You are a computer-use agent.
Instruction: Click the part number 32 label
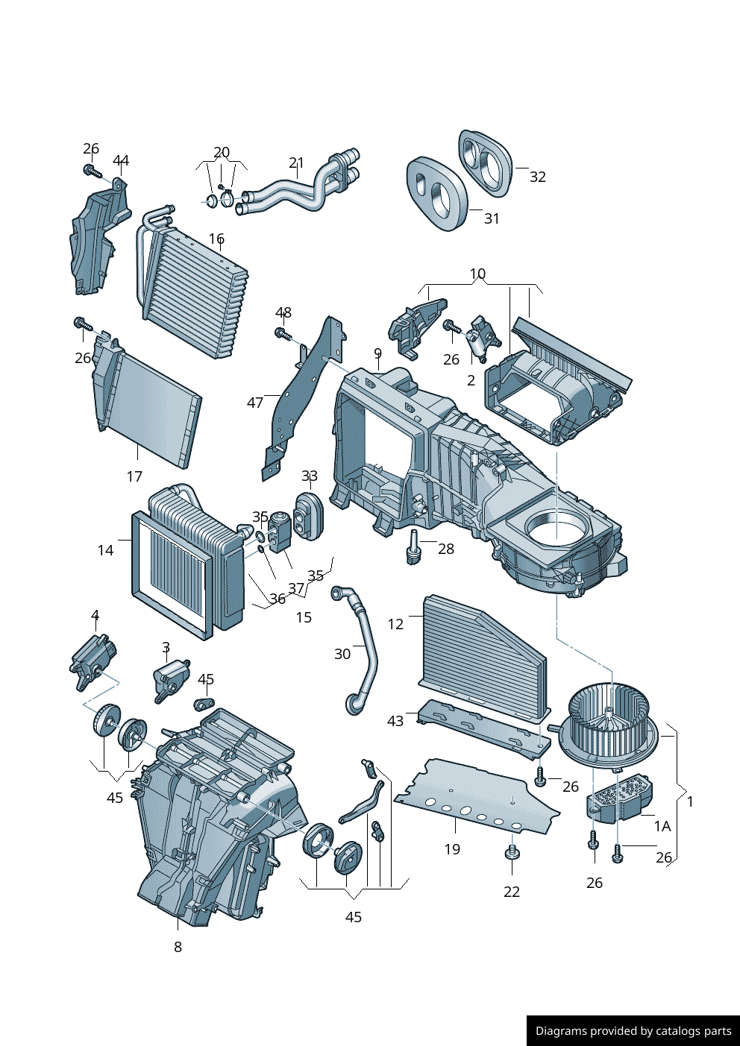[538, 177]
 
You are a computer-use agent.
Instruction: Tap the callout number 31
[492, 218]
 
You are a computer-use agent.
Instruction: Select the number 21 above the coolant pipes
[297, 163]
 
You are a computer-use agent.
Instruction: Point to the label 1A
[662, 826]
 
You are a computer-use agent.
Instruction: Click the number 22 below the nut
[512, 892]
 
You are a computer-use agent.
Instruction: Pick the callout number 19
[452, 849]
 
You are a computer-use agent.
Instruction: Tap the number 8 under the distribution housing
[178, 947]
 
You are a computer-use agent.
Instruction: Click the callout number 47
[255, 403]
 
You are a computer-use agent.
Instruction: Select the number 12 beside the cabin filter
[395, 624]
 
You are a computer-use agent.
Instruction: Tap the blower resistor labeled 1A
[621, 799]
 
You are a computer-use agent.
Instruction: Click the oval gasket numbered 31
[436, 192]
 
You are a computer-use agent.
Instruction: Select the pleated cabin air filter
[485, 652]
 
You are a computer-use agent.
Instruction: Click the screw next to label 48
[282, 333]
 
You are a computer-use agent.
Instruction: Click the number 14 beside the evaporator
[105, 550]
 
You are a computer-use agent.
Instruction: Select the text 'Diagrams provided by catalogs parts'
[633, 1031]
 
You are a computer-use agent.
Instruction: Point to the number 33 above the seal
[310, 476]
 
